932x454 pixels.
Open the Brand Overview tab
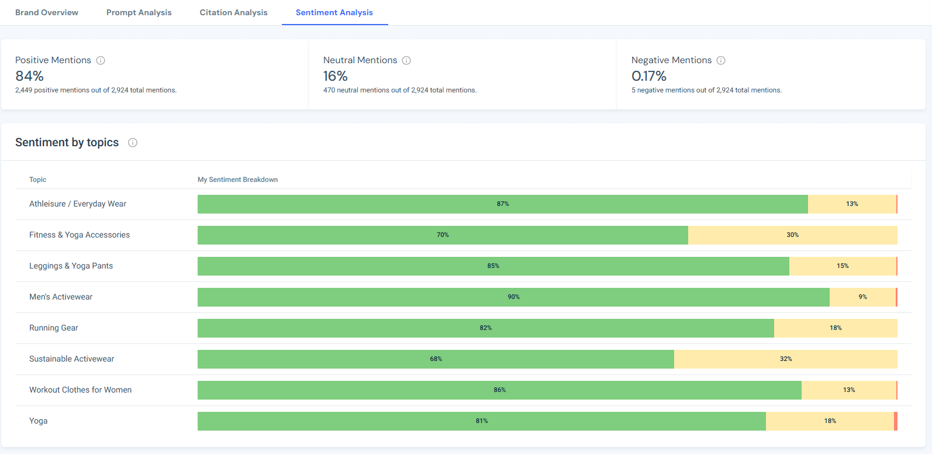(47, 12)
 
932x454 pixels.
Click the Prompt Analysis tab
(139, 12)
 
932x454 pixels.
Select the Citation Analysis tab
(233, 12)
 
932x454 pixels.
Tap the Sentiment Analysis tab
(334, 12)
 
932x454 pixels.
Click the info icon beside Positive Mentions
(101, 60)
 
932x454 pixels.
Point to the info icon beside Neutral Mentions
(406, 60)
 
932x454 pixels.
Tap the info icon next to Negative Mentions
(721, 60)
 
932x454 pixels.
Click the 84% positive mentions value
(30, 76)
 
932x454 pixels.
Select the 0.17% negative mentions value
(648, 76)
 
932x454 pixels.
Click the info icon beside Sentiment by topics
(133, 143)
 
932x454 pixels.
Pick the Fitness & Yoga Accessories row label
(80, 235)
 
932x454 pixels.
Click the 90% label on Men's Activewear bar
(513, 297)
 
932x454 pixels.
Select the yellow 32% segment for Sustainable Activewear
(785, 359)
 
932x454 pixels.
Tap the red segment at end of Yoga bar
(895, 421)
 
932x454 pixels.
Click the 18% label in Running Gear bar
(836, 328)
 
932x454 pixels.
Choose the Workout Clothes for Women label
(80, 390)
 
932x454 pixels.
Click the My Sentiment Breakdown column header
(237, 180)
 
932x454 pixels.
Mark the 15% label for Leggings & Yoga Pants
(843, 266)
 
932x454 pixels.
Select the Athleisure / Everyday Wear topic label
(78, 204)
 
